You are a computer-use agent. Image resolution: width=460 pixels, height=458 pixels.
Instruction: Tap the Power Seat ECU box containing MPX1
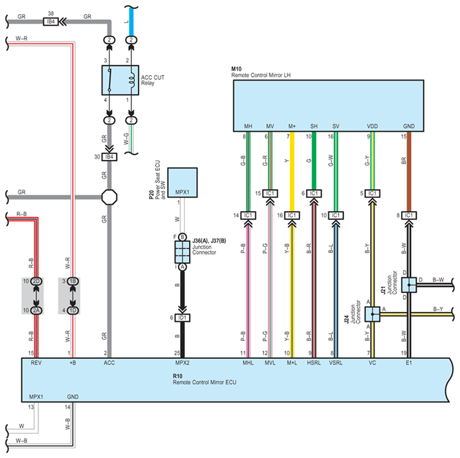pos(182,182)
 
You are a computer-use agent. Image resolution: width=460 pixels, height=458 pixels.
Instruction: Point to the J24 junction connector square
pos(373,313)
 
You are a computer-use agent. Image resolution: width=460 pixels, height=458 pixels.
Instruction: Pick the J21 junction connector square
pos(409,284)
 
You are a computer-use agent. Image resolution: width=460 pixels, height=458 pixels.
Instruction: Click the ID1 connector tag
pos(182,317)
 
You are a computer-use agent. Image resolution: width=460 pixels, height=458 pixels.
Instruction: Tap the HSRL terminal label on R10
pos(313,362)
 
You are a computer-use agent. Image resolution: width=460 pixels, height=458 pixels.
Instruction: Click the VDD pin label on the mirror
pos(372,126)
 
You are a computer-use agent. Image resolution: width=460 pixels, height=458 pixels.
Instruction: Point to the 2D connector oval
pos(36,281)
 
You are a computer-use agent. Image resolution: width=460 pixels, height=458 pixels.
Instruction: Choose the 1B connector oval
pos(73,281)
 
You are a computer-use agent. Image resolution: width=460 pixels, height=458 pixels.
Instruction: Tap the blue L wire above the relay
pos(131,20)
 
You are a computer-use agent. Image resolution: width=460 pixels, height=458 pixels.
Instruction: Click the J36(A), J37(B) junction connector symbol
pos(182,251)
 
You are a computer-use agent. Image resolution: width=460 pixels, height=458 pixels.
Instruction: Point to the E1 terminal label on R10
pos(409,362)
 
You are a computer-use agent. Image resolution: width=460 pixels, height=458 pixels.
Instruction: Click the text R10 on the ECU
pos(178,376)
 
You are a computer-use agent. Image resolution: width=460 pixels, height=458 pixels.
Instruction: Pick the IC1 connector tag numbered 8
pos(409,215)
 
